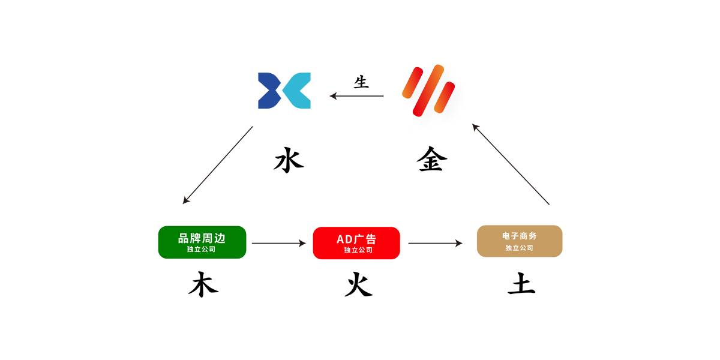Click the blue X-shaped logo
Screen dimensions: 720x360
point(284,91)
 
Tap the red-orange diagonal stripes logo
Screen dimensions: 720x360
point(428,91)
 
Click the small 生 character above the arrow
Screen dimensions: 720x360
point(361,82)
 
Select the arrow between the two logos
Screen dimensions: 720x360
point(357,96)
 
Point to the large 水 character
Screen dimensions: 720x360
point(289,160)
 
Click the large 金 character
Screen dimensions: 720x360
point(431,159)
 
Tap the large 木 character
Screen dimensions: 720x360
point(203,284)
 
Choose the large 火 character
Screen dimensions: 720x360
point(359,284)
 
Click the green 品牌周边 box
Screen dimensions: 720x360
point(202,242)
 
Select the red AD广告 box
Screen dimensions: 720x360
point(356,243)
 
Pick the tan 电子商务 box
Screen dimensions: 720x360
point(520,241)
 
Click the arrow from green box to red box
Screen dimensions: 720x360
point(278,243)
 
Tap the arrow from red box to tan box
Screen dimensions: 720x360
point(435,243)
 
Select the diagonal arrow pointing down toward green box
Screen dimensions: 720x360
point(218,165)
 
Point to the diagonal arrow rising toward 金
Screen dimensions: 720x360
point(511,164)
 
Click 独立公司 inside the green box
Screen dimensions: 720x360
point(201,249)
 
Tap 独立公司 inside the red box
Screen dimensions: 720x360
point(358,250)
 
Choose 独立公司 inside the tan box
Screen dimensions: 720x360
point(519,248)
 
